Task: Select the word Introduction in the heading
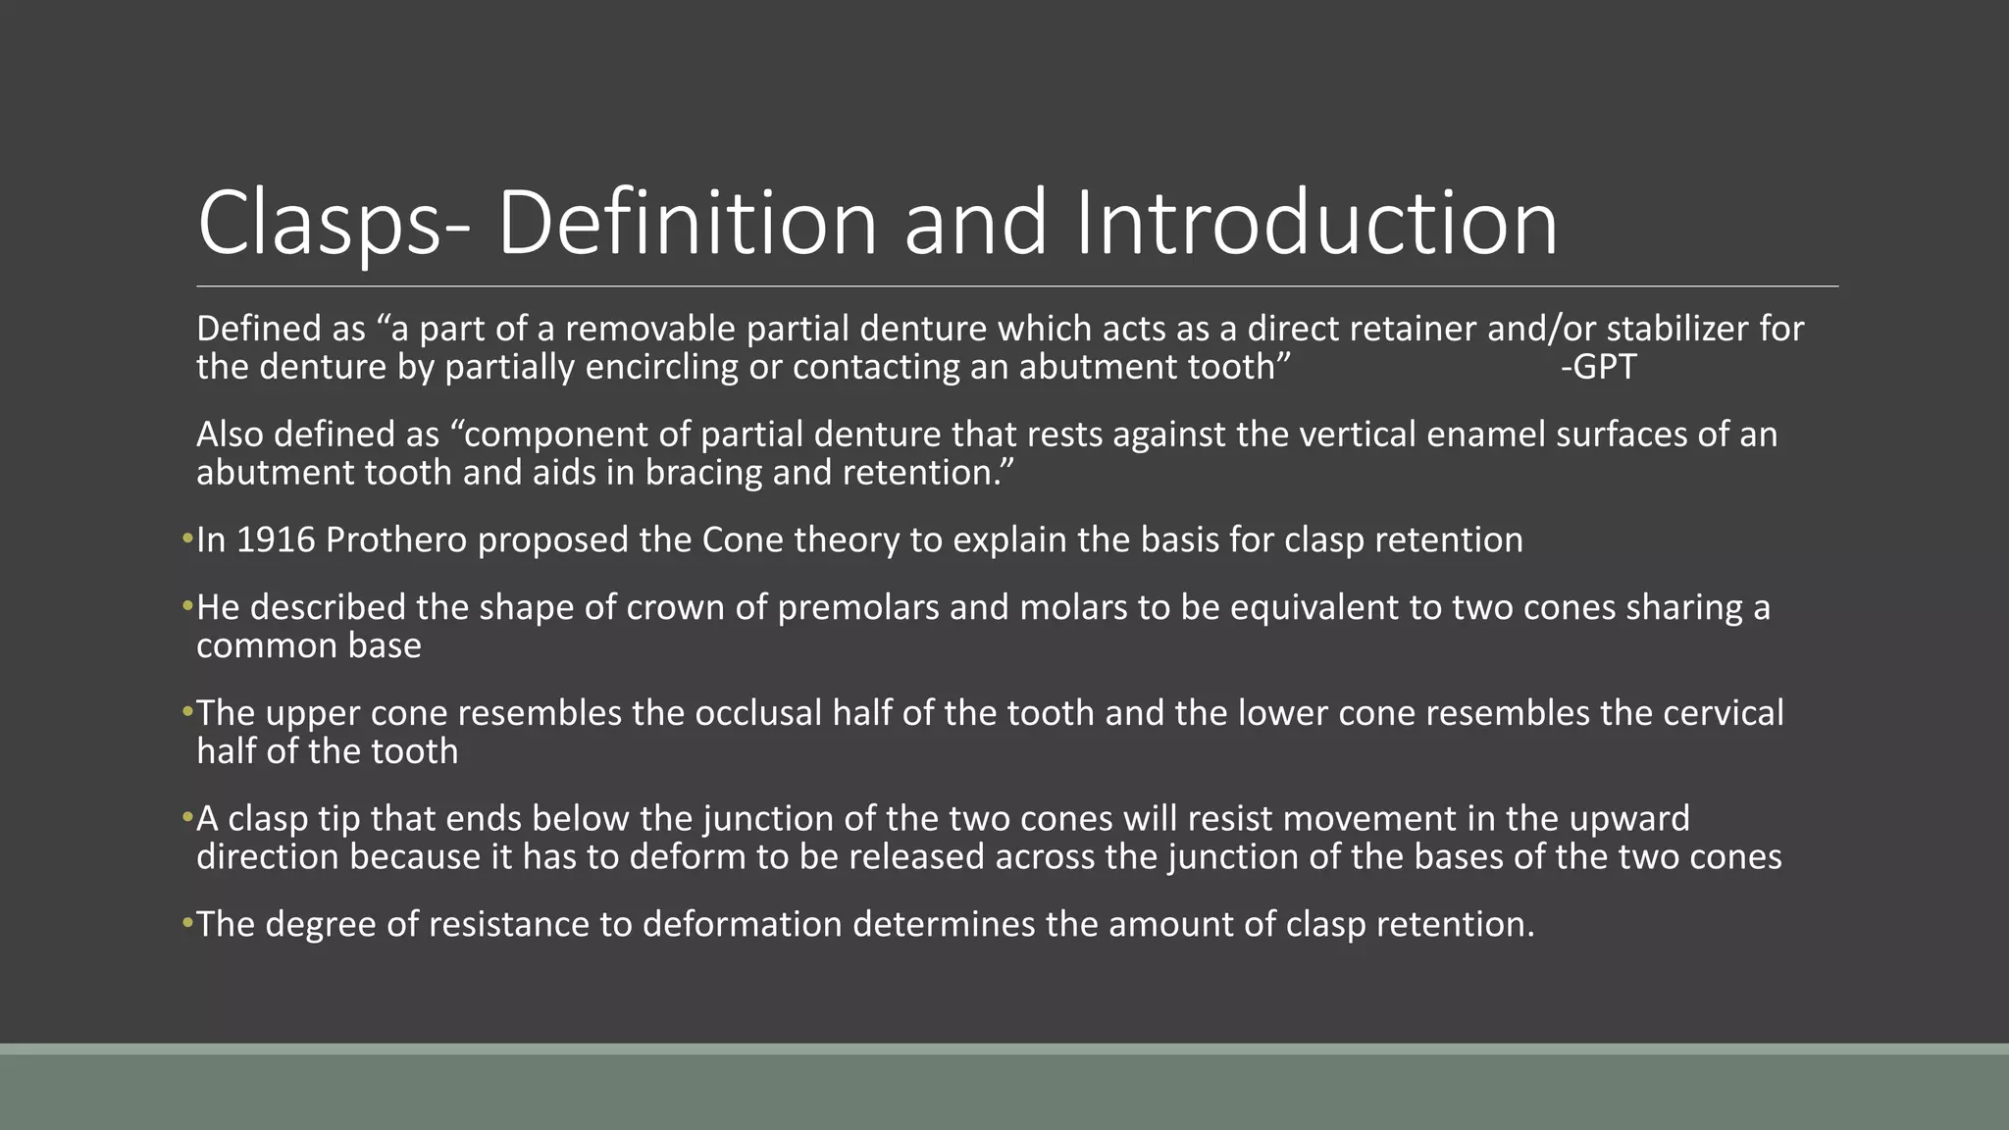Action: (1316, 224)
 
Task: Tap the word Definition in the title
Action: (687, 224)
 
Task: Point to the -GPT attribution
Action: (1599, 367)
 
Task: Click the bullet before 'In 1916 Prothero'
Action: (187, 539)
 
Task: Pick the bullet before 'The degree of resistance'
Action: (187, 923)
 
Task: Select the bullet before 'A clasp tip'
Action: (187, 817)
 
